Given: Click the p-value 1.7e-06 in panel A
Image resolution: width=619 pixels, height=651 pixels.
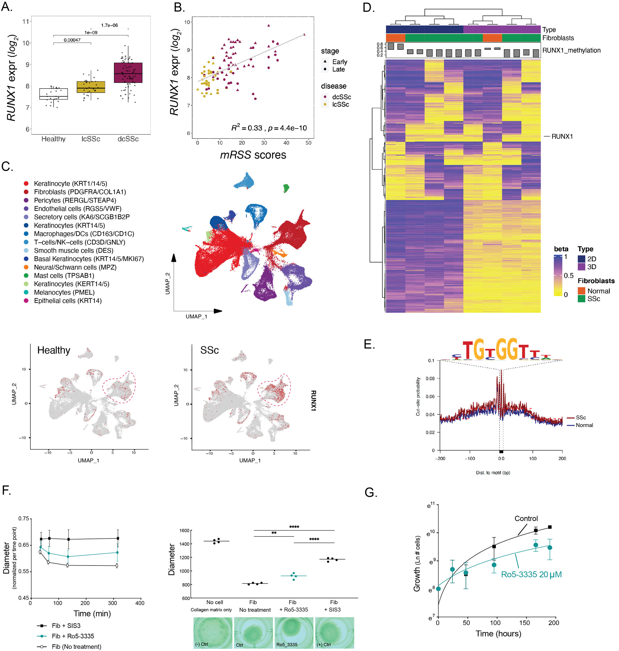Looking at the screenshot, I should tap(109, 25).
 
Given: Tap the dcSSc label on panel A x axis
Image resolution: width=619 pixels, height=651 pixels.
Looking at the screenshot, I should tap(128, 139).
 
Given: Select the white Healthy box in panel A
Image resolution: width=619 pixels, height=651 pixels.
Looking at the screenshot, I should tap(54, 94).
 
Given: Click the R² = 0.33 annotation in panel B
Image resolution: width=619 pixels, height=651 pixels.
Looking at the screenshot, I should tap(246, 128).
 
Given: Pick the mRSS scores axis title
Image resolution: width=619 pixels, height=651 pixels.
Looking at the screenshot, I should tap(253, 155).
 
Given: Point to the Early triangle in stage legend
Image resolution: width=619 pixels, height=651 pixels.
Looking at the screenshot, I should tap(325, 62).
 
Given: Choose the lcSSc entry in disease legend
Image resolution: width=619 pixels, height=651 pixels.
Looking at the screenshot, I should tap(340, 104).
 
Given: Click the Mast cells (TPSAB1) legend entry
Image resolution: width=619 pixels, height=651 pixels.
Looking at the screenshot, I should tap(64, 276).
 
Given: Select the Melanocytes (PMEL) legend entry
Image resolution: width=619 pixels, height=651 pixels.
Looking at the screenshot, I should tap(64, 292).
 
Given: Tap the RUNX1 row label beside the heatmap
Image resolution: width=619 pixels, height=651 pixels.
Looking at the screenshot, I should tap(562, 136).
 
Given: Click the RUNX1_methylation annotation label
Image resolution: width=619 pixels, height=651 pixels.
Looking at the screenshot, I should tap(571, 50).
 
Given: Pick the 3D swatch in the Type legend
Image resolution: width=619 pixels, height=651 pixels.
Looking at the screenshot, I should tap(581, 267).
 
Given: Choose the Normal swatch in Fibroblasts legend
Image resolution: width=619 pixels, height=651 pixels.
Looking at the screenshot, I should tap(581, 291).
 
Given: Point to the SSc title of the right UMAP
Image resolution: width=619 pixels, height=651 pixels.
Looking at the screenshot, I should tap(210, 350).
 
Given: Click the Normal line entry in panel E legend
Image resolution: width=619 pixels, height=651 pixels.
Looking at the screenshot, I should tap(584, 425).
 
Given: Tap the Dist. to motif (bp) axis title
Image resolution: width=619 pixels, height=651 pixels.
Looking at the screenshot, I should tap(493, 473).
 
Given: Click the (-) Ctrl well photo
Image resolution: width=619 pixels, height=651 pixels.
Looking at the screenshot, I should tap(213, 632).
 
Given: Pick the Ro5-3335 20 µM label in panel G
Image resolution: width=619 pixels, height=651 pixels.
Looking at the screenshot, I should tap(531, 575).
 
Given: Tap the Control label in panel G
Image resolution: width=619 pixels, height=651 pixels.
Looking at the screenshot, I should tap(526, 519).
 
